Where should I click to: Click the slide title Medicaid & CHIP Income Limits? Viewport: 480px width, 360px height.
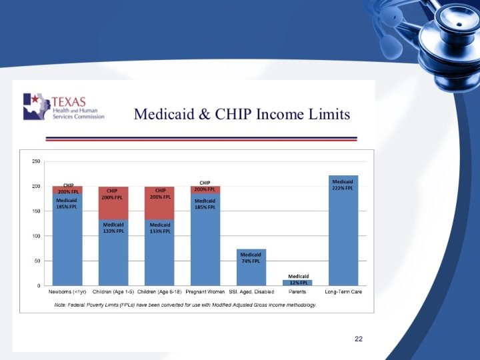(242, 114)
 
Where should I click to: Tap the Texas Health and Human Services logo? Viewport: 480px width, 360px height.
(64, 107)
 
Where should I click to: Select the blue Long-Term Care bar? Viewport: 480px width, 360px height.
(343, 233)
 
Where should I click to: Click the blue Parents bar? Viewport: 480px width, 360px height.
(297, 283)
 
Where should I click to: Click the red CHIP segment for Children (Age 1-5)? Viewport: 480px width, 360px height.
(113, 203)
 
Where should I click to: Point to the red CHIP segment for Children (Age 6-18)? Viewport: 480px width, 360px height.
(160, 203)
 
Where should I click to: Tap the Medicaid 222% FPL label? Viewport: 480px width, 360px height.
(343, 185)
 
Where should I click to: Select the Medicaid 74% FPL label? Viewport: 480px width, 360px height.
(251, 258)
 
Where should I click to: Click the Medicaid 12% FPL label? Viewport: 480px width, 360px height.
(298, 280)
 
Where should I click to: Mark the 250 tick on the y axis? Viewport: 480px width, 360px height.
(36, 161)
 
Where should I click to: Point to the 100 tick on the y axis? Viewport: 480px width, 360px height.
(36, 236)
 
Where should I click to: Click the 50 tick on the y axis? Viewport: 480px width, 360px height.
(37, 261)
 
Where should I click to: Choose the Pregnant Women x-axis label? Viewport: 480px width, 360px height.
(205, 293)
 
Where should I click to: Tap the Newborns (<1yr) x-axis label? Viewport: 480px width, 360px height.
(67, 293)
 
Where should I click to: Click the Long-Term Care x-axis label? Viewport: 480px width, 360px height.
(343, 293)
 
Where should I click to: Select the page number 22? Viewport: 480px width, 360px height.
(358, 339)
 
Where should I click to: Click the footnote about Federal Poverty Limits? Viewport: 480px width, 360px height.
(185, 305)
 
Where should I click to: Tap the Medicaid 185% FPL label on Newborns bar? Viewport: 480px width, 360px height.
(67, 203)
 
